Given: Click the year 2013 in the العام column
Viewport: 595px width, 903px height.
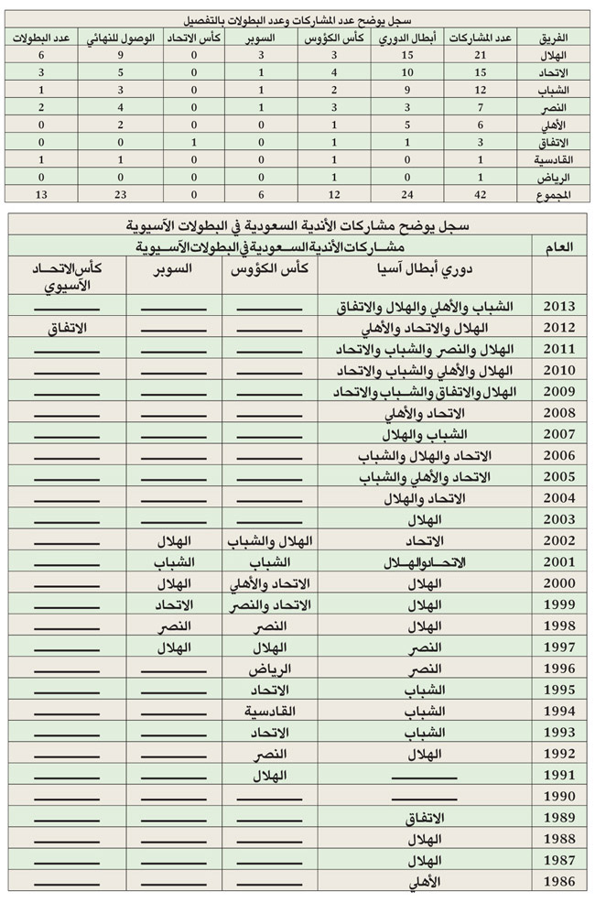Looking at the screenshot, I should point(558,306).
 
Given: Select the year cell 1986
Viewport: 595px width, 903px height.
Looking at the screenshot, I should point(558,882).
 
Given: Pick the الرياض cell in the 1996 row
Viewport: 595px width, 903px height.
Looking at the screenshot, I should point(271,669).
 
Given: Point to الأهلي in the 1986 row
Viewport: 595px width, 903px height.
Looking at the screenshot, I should point(422,882).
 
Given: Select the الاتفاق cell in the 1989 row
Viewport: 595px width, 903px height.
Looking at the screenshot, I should point(423,818).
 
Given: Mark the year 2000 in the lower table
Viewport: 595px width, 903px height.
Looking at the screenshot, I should point(558,583).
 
